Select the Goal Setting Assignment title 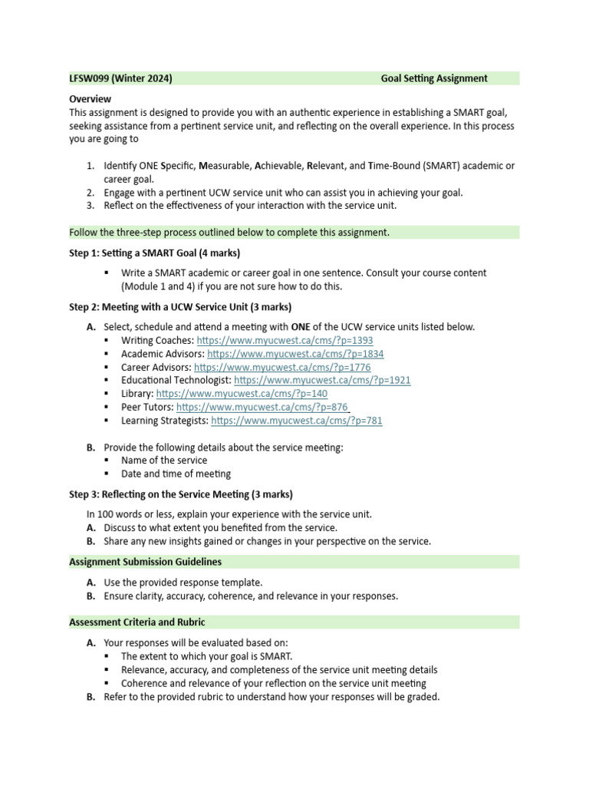[x=433, y=78]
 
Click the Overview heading [x=90, y=99]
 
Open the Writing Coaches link [x=285, y=340]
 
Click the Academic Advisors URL [x=295, y=354]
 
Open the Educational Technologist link [x=322, y=380]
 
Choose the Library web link [x=242, y=394]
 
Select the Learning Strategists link [x=296, y=421]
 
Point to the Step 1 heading [x=155, y=253]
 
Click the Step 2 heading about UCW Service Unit [x=180, y=307]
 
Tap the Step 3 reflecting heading [x=181, y=494]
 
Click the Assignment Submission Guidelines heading [x=145, y=562]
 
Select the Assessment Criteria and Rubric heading [x=137, y=622]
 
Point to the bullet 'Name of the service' [x=164, y=461]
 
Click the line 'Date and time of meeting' [x=176, y=474]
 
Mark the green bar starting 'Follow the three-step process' [x=294, y=233]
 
